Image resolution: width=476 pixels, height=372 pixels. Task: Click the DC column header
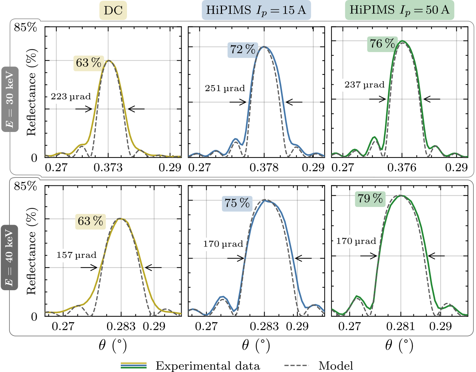(113, 11)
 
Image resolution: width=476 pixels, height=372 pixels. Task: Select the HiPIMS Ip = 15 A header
(256, 10)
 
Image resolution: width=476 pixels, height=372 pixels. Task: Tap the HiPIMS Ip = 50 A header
(400, 10)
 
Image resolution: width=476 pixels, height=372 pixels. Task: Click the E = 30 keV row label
(10, 99)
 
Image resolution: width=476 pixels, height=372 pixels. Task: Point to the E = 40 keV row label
(9, 257)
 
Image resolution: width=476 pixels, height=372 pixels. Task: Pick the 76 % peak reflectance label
(382, 44)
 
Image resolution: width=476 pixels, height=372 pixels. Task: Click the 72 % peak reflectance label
(243, 49)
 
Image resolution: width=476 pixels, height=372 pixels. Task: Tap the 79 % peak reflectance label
(370, 199)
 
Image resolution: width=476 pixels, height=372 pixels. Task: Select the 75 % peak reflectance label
(237, 203)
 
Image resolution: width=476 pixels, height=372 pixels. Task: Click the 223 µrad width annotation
(71, 97)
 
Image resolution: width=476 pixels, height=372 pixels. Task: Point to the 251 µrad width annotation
(225, 88)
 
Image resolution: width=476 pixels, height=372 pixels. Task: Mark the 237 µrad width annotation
(365, 85)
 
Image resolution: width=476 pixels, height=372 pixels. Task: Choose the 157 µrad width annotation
(76, 255)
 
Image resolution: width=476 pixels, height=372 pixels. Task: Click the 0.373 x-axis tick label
(108, 168)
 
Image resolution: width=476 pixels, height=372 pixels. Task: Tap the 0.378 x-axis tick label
(264, 168)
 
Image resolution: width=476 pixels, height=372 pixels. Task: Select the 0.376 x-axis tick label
(402, 168)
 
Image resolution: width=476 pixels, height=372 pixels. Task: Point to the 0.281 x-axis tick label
(400, 326)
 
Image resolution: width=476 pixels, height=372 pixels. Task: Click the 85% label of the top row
(25, 27)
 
